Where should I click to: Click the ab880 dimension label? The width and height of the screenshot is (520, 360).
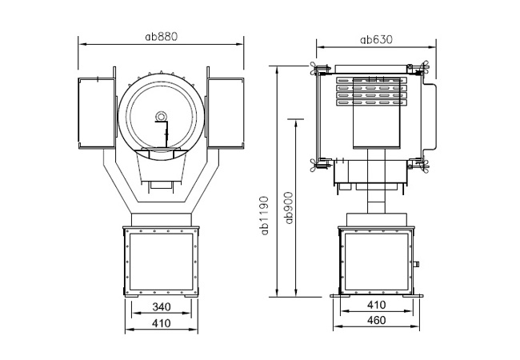162,37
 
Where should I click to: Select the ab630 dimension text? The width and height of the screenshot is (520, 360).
376,40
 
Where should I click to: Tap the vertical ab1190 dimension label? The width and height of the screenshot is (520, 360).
265,215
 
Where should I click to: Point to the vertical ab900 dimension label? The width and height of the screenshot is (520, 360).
289,208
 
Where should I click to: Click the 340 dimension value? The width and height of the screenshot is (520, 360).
162,307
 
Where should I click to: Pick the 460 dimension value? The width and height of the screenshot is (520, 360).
377,320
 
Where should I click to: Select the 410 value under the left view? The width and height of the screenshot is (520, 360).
162,323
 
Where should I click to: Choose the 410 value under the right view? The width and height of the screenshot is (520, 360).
377,305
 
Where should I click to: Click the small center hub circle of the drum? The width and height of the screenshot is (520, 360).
161,116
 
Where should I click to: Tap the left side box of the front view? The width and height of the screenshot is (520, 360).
97,114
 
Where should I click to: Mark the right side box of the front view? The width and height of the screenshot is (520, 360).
226,114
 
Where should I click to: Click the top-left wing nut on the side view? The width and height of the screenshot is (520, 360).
314,69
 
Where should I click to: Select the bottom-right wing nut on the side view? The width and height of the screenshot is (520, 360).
424,165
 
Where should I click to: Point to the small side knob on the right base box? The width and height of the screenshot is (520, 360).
416,264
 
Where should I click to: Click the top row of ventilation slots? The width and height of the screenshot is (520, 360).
371,80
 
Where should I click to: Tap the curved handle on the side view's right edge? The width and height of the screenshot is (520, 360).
430,117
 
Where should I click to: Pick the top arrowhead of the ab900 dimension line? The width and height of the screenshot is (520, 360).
295,123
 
